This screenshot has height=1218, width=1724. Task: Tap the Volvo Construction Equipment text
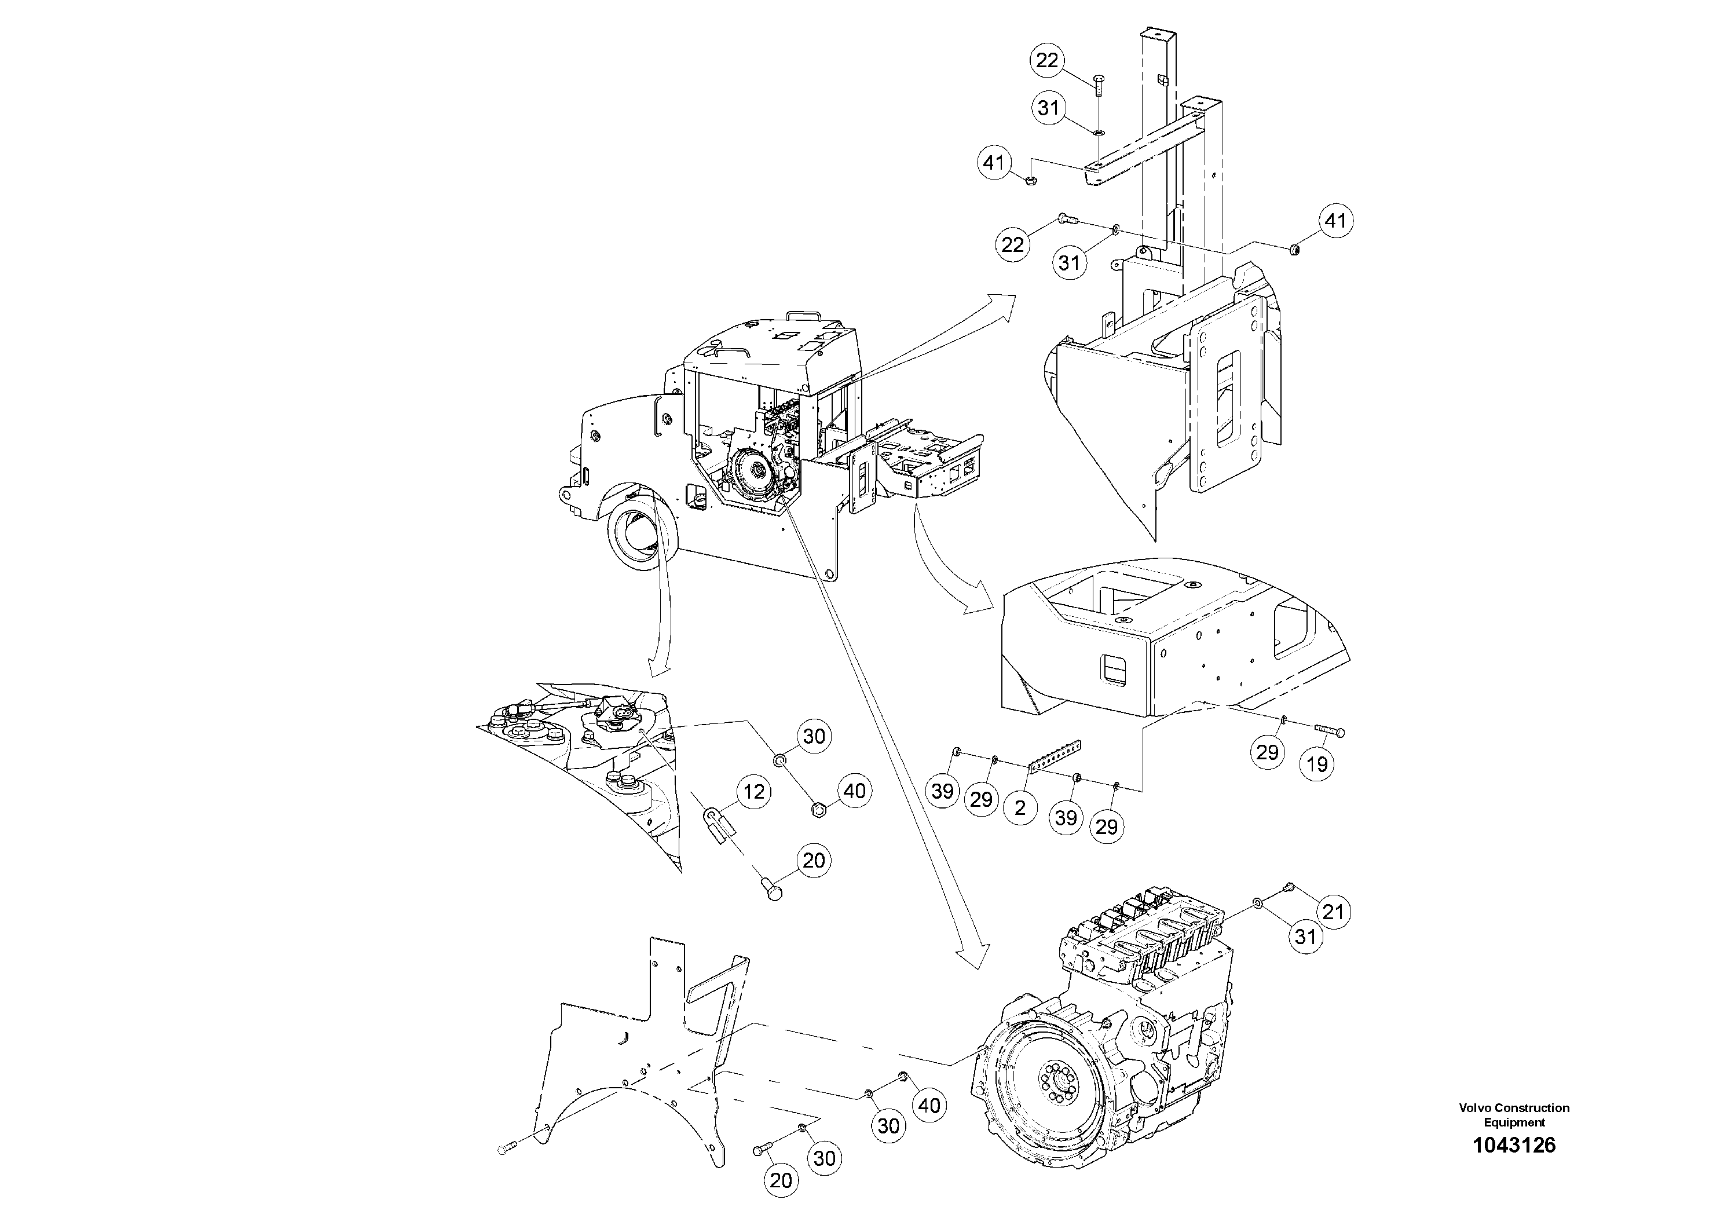point(1514,1115)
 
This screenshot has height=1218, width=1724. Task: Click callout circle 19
point(1317,765)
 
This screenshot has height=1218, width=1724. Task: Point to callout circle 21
point(1332,912)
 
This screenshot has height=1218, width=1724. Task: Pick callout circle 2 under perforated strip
point(1020,808)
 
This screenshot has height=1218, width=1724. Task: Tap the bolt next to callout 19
point(1328,730)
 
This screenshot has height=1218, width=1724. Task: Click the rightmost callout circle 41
point(1334,221)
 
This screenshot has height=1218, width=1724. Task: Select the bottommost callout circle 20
point(780,1180)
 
